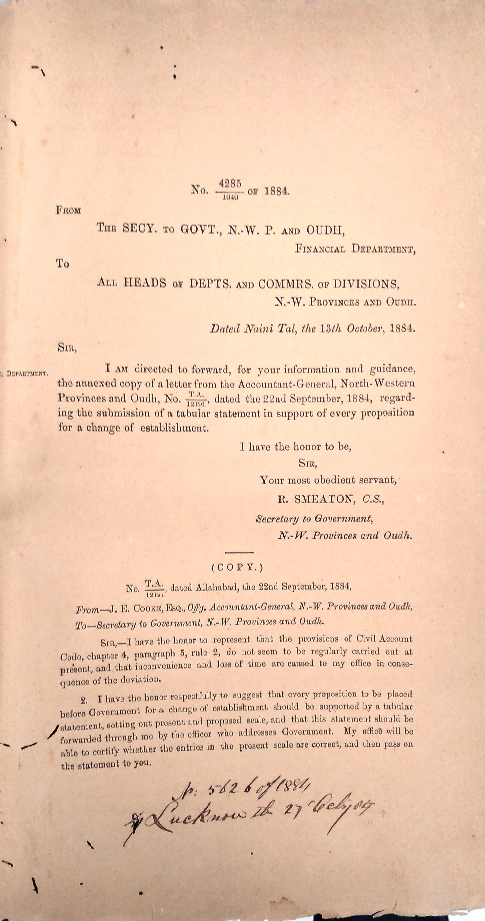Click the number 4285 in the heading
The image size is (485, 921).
(230, 183)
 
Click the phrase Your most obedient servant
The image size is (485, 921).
(328, 480)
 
